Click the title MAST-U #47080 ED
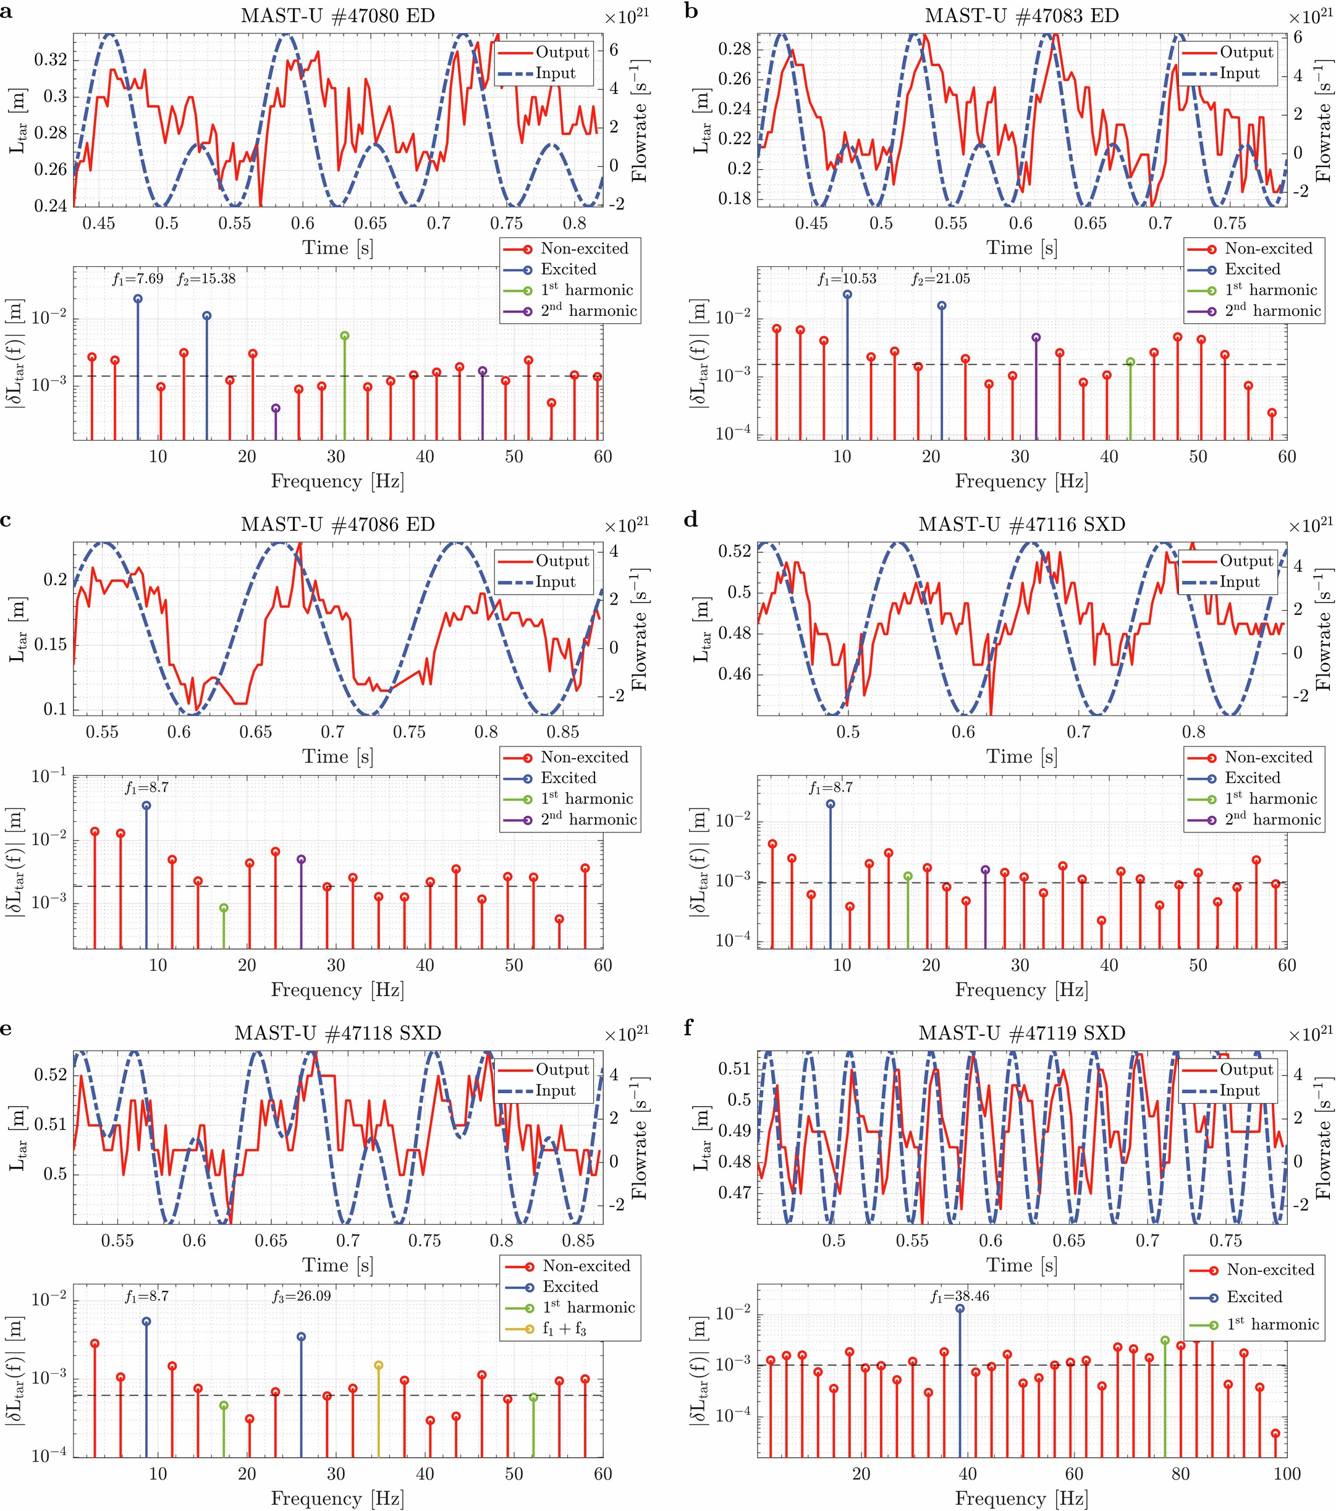click(337, 15)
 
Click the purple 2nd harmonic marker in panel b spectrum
click(1036, 337)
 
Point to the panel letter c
click(6, 520)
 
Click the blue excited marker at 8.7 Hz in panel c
click(146, 806)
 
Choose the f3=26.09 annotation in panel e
click(304, 1297)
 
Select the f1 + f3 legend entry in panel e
click(564, 1329)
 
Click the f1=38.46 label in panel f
click(960, 1297)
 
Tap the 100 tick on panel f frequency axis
click(1287, 1474)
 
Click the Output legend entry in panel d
click(1246, 561)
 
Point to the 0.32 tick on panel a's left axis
click(50, 59)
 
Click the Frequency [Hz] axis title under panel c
click(337, 990)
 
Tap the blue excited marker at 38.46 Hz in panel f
click(960, 1308)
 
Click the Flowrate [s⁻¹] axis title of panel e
click(640, 1138)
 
